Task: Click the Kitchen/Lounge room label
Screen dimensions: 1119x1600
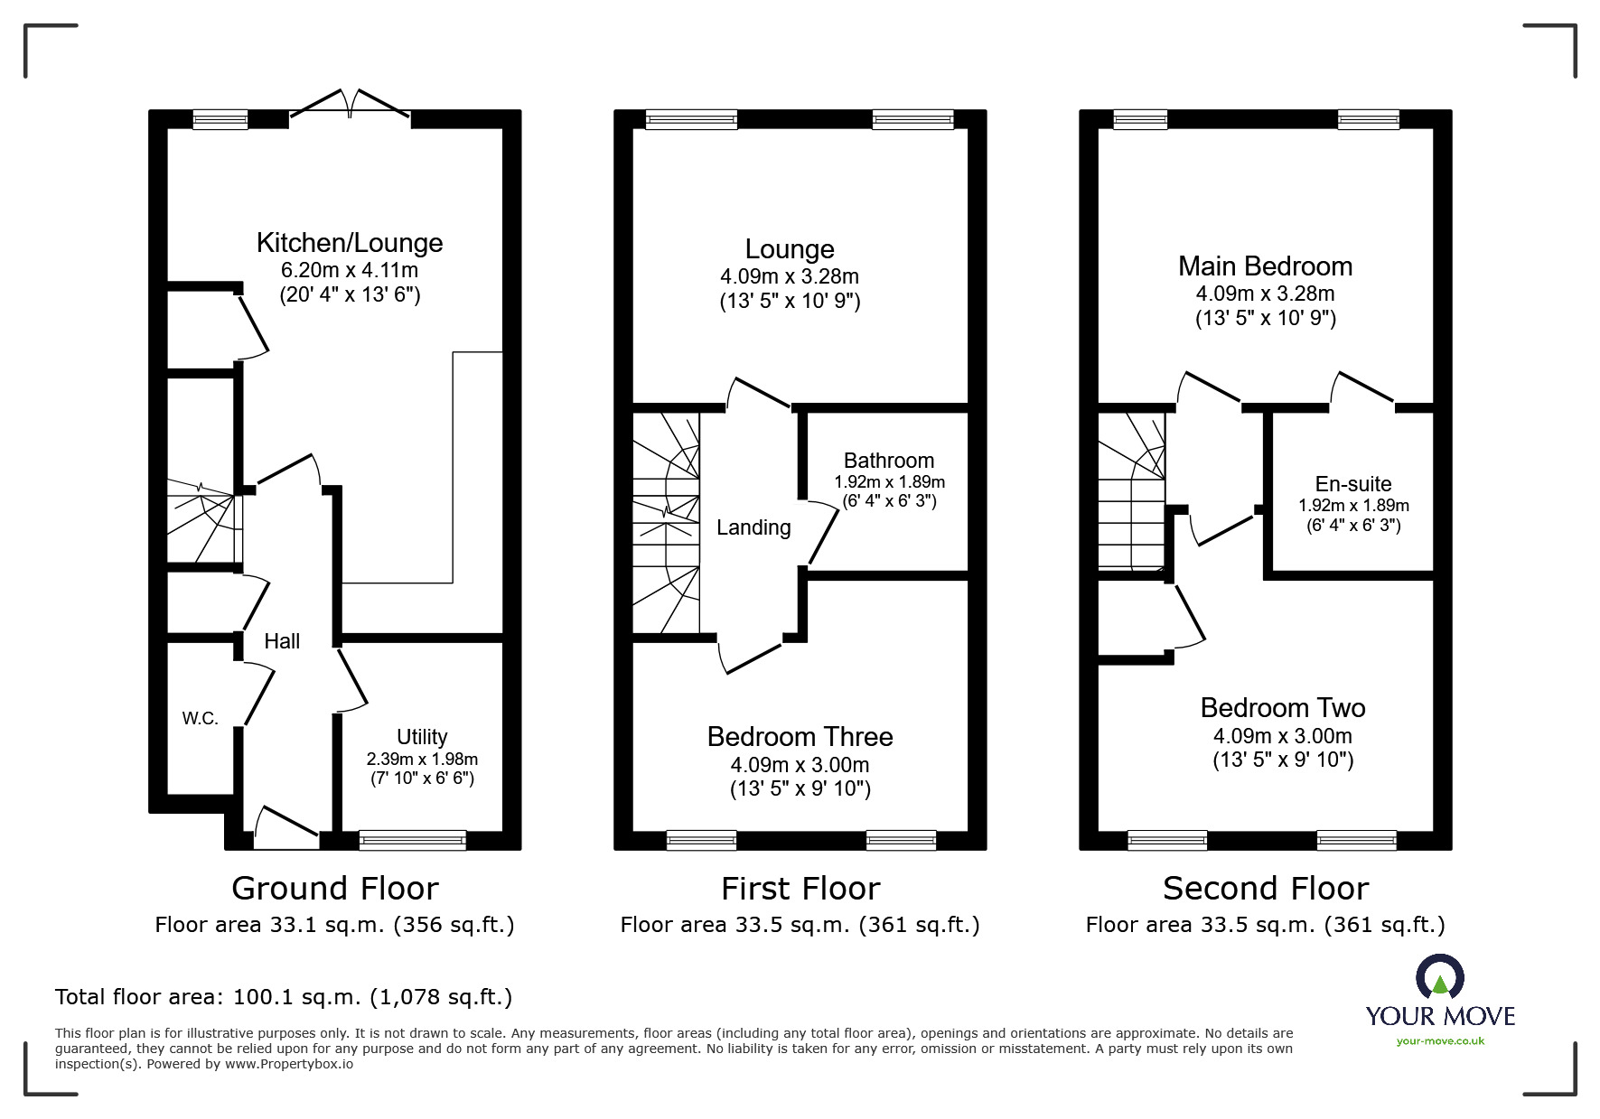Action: [350, 243]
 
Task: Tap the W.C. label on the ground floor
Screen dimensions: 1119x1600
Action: [200, 719]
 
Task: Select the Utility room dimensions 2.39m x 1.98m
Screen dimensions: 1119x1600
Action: [422, 760]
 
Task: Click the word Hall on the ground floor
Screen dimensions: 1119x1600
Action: [282, 641]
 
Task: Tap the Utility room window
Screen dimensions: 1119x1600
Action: [412, 840]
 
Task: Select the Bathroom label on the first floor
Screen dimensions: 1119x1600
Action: [889, 461]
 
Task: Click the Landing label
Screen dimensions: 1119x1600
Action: [753, 527]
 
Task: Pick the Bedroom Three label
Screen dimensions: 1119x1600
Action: [800, 737]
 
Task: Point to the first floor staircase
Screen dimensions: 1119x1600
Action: [666, 522]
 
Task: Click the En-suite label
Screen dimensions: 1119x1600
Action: [1353, 484]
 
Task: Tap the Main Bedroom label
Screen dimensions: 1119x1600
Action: [1265, 266]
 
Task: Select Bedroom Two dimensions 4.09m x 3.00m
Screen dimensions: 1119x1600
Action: [1283, 736]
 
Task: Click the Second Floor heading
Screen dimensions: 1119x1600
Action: [1265, 889]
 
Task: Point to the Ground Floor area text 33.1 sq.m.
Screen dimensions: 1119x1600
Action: [334, 925]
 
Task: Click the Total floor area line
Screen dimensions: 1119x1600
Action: [284, 997]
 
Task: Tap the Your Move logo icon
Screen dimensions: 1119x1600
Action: [1439, 977]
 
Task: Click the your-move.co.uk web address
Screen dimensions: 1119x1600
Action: [1440, 1041]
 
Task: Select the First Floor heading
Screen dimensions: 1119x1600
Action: [800, 889]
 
